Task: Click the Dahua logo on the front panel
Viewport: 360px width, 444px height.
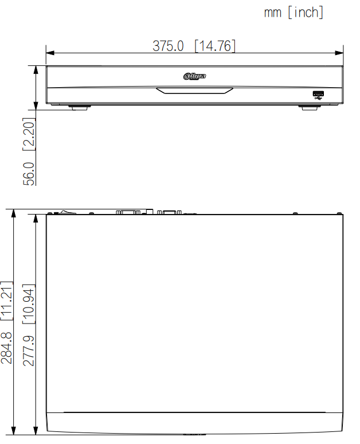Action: [x=194, y=76]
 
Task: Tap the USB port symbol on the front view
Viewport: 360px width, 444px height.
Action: [x=318, y=95]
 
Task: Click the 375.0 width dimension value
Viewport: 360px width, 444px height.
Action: [x=168, y=46]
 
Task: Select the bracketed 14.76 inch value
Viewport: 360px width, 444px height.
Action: [x=215, y=46]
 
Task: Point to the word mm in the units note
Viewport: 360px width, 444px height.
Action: [x=272, y=13]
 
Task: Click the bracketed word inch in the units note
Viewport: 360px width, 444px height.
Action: [x=306, y=13]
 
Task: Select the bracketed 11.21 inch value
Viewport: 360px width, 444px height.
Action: [x=7, y=301]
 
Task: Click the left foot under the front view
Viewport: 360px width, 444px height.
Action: [x=79, y=106]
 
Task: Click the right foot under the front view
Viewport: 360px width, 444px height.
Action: [x=310, y=106]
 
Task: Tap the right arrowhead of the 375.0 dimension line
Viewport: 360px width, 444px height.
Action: [x=340, y=53]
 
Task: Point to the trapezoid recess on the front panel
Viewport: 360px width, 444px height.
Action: [x=195, y=90]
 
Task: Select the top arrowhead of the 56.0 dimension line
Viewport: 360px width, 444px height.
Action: [x=36, y=68]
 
